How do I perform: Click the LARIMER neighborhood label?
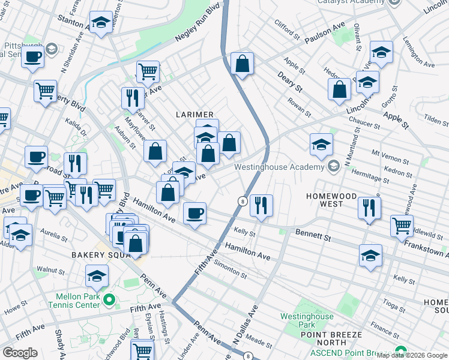tap(194, 115)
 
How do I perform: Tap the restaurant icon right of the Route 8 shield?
tap(262, 206)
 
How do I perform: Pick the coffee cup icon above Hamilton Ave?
tap(194, 214)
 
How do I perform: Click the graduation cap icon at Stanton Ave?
tap(100, 23)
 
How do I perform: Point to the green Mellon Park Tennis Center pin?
tap(108, 299)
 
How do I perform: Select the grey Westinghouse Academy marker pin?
tap(334, 166)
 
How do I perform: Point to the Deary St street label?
tap(289, 82)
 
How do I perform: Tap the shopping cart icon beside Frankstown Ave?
tap(402, 226)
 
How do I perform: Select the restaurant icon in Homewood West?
tap(369, 208)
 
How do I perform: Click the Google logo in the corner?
tap(20, 353)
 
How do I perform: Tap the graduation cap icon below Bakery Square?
tap(97, 276)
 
